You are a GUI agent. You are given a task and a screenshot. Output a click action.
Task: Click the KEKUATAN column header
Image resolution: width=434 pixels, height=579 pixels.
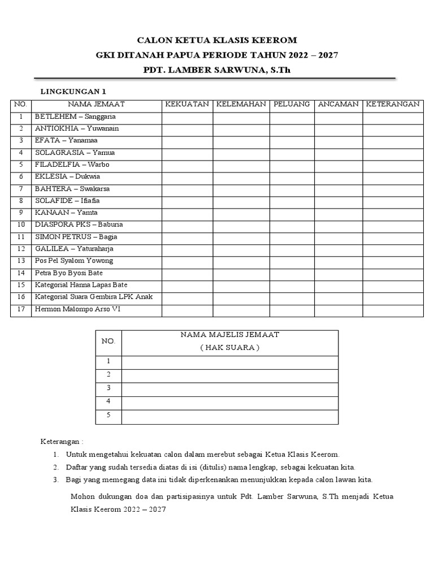186,104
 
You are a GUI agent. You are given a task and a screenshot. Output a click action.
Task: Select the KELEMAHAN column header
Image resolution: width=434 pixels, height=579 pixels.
241,104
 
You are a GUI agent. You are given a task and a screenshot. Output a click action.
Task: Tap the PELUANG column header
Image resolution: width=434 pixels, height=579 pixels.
292,104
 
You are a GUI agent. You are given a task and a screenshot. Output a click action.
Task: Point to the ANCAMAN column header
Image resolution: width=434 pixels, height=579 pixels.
338,104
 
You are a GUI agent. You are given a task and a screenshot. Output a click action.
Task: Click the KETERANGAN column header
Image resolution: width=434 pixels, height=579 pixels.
393,104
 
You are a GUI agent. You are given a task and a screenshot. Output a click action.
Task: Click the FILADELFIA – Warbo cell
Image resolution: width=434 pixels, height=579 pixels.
72,165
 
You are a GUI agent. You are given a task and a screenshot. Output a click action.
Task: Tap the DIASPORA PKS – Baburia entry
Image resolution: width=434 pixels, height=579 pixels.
79,225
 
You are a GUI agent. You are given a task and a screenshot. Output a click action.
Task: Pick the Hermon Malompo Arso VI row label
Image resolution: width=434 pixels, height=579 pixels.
77,309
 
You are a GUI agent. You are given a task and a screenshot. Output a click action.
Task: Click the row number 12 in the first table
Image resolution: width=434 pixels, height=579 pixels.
21,249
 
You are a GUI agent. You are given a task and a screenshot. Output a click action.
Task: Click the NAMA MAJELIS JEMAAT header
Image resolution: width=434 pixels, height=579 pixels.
229,335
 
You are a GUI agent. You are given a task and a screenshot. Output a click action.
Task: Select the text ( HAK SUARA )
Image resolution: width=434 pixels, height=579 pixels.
229,347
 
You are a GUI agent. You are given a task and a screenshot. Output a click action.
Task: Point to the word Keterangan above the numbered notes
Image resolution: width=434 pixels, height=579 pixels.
62,441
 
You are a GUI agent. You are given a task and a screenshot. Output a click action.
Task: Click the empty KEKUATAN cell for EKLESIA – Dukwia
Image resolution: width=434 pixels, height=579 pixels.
186,177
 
